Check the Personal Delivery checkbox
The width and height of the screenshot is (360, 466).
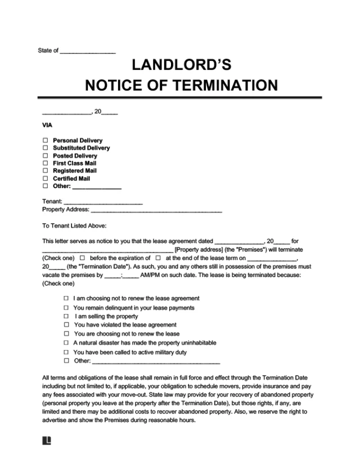click(x=45, y=140)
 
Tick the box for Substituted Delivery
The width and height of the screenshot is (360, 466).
click(x=45, y=148)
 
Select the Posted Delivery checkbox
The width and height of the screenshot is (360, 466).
click(x=45, y=156)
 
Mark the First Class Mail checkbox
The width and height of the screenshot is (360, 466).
click(x=45, y=163)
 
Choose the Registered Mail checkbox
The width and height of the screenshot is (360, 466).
click(x=45, y=171)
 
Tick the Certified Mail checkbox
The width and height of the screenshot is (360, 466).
click(x=45, y=178)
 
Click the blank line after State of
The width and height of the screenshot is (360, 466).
click(x=87, y=51)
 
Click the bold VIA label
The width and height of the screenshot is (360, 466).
click(x=47, y=126)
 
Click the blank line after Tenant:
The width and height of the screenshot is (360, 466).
click(x=103, y=201)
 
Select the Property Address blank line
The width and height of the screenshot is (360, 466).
click(x=156, y=210)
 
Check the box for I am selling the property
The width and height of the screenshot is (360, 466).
click(x=67, y=316)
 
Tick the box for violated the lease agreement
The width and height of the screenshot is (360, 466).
click(x=67, y=325)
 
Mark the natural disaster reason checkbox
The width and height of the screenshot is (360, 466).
click(x=67, y=343)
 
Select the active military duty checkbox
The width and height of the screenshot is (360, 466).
click(x=67, y=352)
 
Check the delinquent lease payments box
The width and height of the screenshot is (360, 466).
click(x=67, y=308)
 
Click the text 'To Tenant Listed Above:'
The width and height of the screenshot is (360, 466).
click(x=70, y=226)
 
